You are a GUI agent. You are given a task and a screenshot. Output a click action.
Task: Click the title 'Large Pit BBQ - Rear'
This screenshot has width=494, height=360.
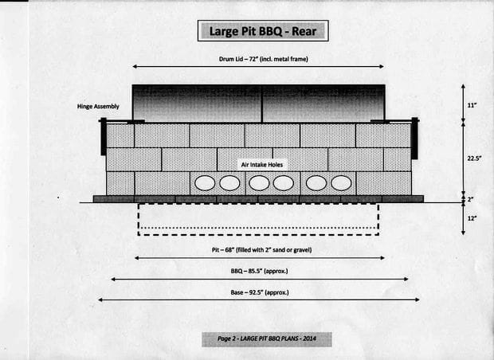263,31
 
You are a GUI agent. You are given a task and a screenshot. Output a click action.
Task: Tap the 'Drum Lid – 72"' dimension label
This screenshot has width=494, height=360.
238,59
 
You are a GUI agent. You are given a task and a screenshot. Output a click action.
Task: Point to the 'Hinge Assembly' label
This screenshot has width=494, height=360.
98,107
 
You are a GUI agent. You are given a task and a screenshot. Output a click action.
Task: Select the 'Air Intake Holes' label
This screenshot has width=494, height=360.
262,165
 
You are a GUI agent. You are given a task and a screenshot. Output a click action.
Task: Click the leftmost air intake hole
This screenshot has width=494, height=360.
205,183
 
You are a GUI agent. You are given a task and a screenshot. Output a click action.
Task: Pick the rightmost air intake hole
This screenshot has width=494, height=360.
341,183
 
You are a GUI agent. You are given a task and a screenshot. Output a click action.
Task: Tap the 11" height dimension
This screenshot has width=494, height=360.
472,105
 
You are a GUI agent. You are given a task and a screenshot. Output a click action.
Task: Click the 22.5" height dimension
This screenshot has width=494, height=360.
474,158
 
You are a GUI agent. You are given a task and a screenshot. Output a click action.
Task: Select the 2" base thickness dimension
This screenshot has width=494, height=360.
470,200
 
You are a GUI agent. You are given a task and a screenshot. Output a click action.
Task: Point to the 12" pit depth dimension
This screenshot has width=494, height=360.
472,218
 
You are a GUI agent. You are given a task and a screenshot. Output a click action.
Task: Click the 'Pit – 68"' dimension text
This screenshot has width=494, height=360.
223,250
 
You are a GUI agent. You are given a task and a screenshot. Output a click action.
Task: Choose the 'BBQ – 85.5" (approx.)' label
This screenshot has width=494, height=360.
259,271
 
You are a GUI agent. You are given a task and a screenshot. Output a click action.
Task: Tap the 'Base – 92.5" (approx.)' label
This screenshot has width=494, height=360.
260,292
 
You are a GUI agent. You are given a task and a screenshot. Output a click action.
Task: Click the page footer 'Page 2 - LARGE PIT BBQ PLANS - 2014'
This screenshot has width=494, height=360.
267,339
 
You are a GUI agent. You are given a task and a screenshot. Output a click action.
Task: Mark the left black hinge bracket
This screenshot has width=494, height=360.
104,136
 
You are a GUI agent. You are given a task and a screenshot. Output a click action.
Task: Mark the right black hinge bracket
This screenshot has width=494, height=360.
414,139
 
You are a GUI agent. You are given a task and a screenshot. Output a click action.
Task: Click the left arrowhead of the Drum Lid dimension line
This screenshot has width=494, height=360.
135,66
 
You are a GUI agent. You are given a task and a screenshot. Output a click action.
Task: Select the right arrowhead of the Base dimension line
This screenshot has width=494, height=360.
417,299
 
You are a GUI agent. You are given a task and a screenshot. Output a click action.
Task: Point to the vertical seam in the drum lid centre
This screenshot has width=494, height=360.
261,104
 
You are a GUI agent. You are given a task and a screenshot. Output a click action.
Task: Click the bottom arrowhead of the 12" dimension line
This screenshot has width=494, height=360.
463,233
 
